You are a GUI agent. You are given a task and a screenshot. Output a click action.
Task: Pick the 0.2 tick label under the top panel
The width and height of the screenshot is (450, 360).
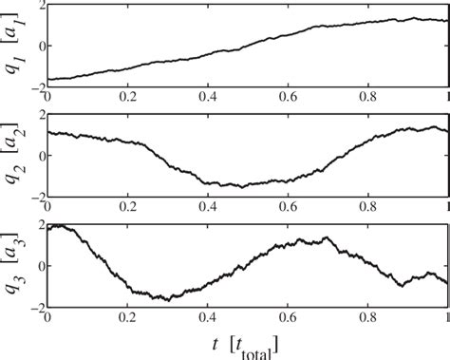pos(125,95)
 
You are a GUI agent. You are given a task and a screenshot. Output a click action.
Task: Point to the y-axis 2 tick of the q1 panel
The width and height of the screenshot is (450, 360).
pos(38,5)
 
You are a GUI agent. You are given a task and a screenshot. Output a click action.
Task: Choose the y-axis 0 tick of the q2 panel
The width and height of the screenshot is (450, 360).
pos(38,156)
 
